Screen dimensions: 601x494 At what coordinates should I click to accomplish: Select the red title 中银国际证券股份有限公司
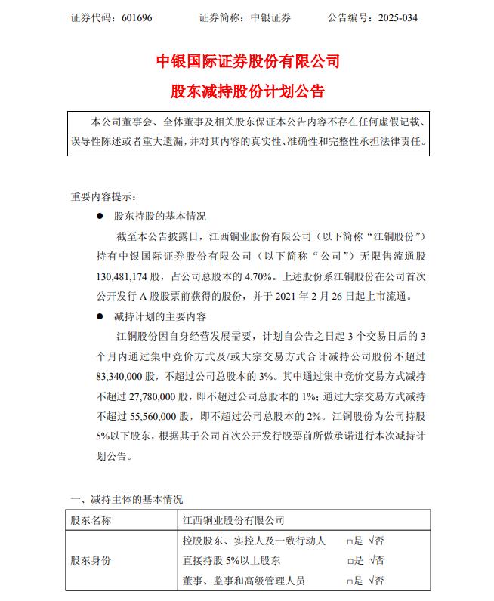click(x=247, y=61)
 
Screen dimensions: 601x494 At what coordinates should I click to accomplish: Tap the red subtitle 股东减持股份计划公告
click(x=247, y=91)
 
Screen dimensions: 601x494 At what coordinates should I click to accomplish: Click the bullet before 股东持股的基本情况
click(x=100, y=217)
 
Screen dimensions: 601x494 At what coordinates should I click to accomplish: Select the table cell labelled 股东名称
click(x=91, y=520)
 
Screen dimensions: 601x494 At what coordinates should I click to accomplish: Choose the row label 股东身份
click(x=91, y=561)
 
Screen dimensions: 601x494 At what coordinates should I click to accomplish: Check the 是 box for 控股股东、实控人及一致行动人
click(x=350, y=541)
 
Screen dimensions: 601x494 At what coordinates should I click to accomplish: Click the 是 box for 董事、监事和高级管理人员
click(x=350, y=581)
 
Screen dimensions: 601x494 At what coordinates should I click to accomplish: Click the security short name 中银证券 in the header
click(x=270, y=17)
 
